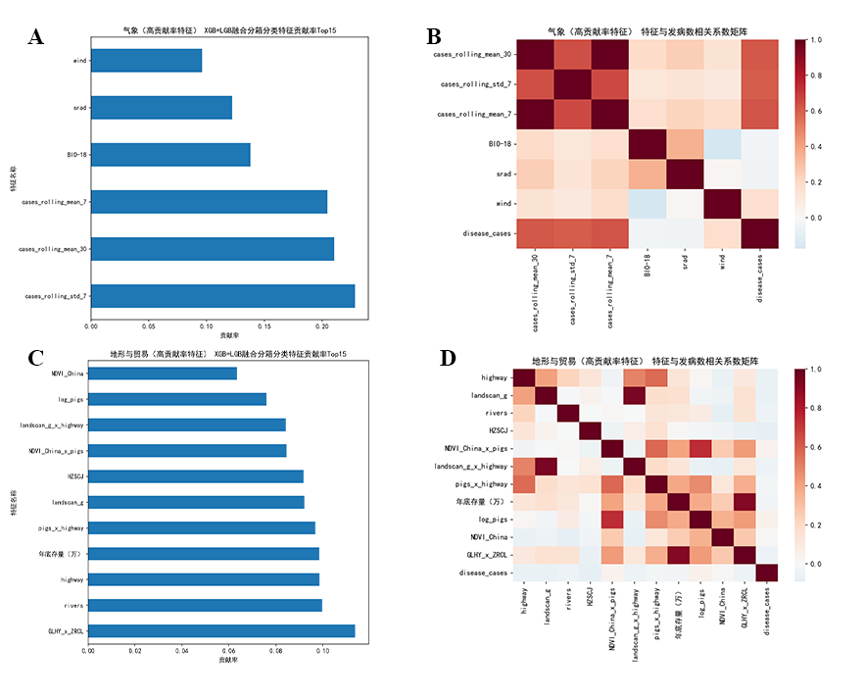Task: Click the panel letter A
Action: (x=36, y=37)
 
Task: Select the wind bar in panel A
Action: (x=146, y=61)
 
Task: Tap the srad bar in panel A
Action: (x=162, y=108)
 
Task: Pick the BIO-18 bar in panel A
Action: (x=170, y=155)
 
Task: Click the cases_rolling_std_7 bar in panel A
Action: (x=222, y=296)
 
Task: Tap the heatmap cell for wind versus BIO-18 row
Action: (x=723, y=143)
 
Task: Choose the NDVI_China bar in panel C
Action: (x=163, y=374)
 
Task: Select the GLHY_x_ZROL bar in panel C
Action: (x=221, y=631)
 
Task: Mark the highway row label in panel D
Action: (x=494, y=377)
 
